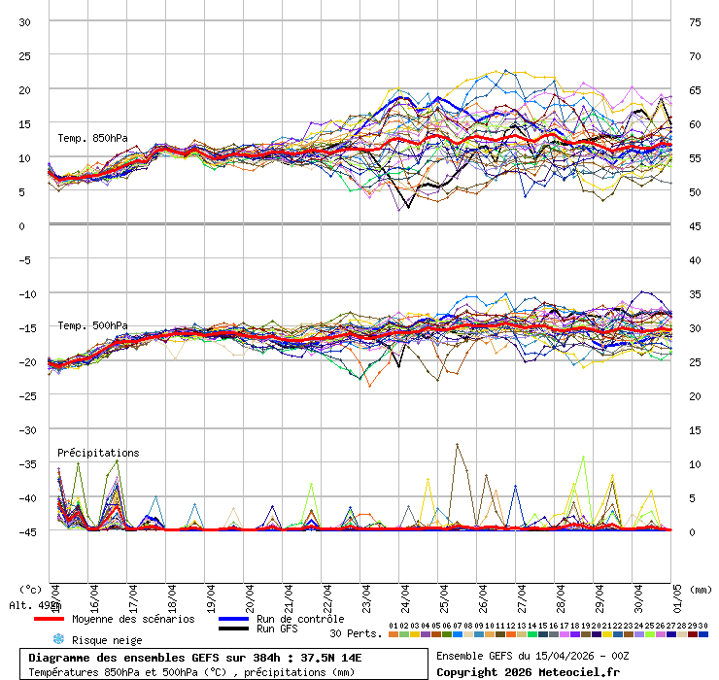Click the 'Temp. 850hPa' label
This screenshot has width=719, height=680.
pyautogui.click(x=92, y=138)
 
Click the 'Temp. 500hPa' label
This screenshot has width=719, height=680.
pyautogui.click(x=92, y=325)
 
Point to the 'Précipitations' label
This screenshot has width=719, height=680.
pyautogui.click(x=98, y=453)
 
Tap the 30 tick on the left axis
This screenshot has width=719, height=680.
pyautogui.click(x=25, y=21)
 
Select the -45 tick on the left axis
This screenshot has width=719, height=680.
pyautogui.click(x=25, y=531)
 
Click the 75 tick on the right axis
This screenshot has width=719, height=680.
pyautogui.click(x=695, y=21)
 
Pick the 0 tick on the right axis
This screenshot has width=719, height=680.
pyautogui.click(x=695, y=531)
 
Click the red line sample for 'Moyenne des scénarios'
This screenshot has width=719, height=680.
pyautogui.click(x=49, y=619)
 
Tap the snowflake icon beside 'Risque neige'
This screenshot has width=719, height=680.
pyautogui.click(x=57, y=639)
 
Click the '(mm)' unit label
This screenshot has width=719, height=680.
pyautogui.click(x=702, y=589)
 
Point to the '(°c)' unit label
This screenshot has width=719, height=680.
pyautogui.click(x=30, y=589)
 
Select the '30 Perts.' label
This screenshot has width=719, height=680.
pyautogui.click(x=356, y=633)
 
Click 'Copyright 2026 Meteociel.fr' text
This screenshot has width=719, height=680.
pyautogui.click(x=528, y=672)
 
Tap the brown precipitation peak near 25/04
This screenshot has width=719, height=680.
pyautogui.click(x=457, y=445)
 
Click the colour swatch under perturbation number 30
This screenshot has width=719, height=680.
pyautogui.click(x=702, y=634)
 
